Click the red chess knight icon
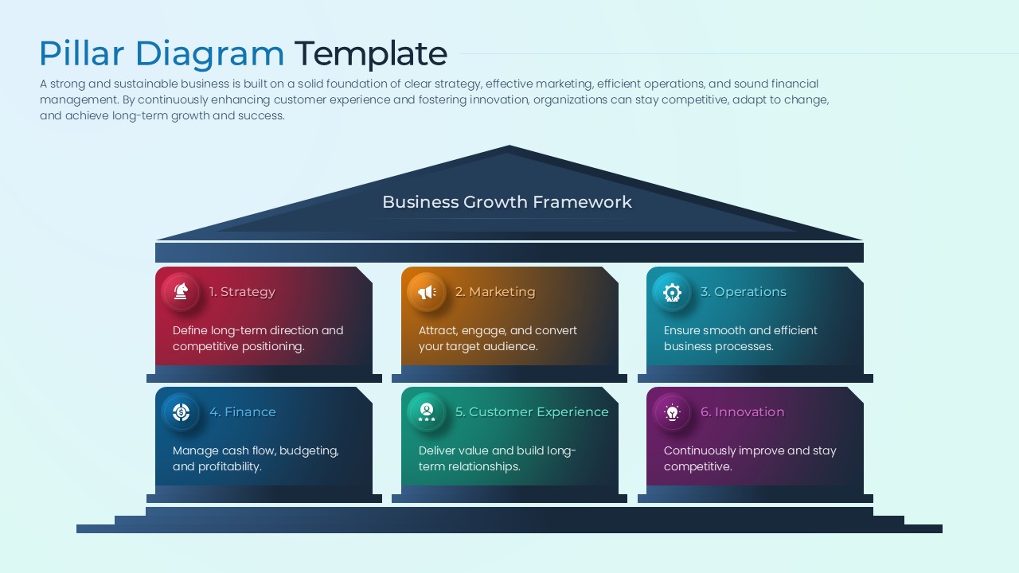pos(181,292)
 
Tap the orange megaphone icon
pos(427,292)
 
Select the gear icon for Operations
pos(672,292)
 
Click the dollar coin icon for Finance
pos(181,412)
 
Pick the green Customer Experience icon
pos(427,412)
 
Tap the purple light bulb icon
pos(672,412)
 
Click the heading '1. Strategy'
pos(242,292)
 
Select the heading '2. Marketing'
pos(495,292)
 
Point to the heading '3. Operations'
pos(743,292)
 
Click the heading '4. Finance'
pos(242,412)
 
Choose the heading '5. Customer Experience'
pos(532,412)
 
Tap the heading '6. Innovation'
pos(742,412)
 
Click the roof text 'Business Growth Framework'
pos(507,202)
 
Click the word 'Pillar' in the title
pos(82,54)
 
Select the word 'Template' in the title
pos(371,54)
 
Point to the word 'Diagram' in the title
pos(209,54)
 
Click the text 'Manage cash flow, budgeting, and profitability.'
pos(256,458)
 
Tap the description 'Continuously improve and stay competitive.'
pos(750,458)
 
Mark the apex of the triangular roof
pos(509,147)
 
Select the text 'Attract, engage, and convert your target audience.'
pos(498,338)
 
